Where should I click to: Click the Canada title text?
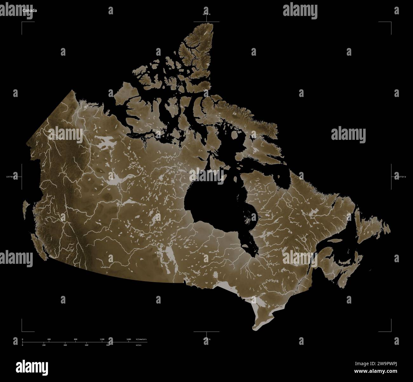tap(29, 10)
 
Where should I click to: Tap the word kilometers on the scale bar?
tap(141, 339)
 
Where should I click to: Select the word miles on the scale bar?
tap(139, 345)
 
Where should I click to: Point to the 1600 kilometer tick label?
tap(129, 339)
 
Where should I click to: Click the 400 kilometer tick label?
tap(49, 339)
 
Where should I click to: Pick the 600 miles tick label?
tap(86, 345)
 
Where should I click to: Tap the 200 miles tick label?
tap(44, 345)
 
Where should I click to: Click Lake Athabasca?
tap(131, 202)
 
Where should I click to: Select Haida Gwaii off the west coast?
tap(25, 210)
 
